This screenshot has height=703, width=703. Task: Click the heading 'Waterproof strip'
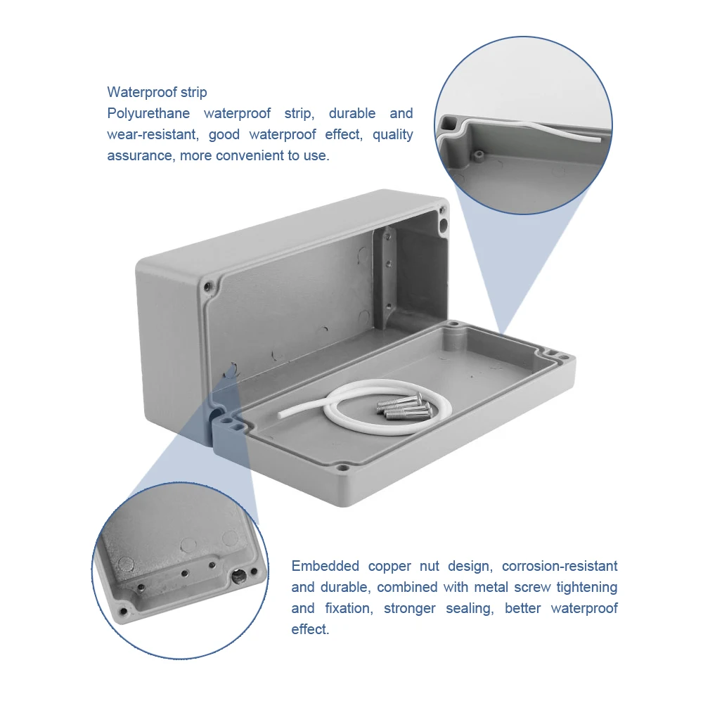pos(157,92)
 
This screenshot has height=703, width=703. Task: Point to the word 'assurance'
pos(139,155)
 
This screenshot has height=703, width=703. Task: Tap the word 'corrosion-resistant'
pos(560,566)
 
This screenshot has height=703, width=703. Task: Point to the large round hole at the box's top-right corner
pos(443,226)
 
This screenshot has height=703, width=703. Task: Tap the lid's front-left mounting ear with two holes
pos(228,425)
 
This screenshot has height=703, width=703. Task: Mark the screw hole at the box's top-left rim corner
pos(209,287)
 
